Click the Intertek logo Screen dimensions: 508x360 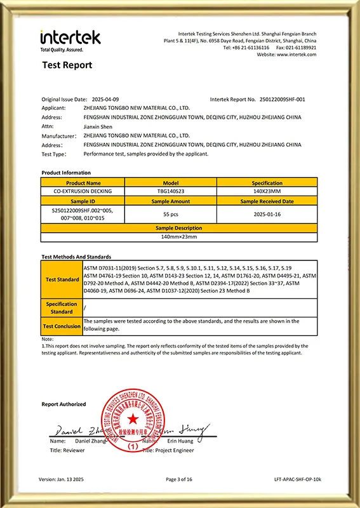tap(70, 39)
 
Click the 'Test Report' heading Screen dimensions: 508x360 tap(67, 65)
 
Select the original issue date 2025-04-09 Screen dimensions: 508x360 tap(106, 100)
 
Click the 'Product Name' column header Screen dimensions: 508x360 tap(80, 182)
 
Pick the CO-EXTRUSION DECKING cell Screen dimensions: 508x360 tap(80, 190)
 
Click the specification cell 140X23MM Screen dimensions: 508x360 tap(267, 190)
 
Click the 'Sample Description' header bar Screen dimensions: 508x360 tap(179, 228)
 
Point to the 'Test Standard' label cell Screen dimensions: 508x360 tap(62, 279)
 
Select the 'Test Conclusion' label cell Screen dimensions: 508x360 tap(62, 326)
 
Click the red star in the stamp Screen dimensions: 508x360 tap(133, 419)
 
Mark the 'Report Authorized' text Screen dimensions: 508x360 tap(63, 404)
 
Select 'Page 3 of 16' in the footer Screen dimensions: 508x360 tap(180, 479)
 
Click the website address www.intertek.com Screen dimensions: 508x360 tap(295, 55)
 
